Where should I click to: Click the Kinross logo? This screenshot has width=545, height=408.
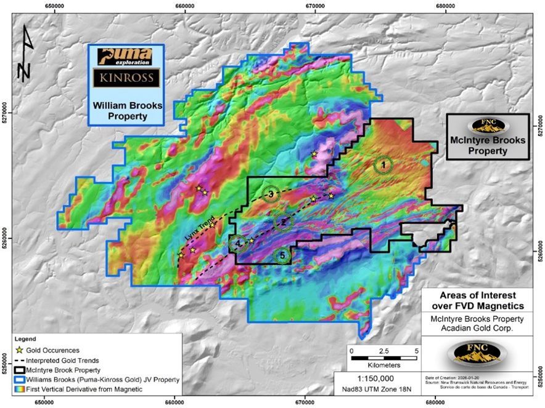pos(126,78)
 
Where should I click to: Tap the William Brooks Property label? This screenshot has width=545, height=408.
pos(127,110)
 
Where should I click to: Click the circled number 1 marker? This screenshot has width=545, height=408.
pos(383,164)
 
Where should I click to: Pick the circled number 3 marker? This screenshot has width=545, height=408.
pos(270,194)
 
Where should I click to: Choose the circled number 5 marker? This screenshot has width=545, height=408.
pos(282,255)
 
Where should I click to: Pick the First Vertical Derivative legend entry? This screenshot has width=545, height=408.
pos(78,390)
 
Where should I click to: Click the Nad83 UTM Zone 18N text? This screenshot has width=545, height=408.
pos(375,390)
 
